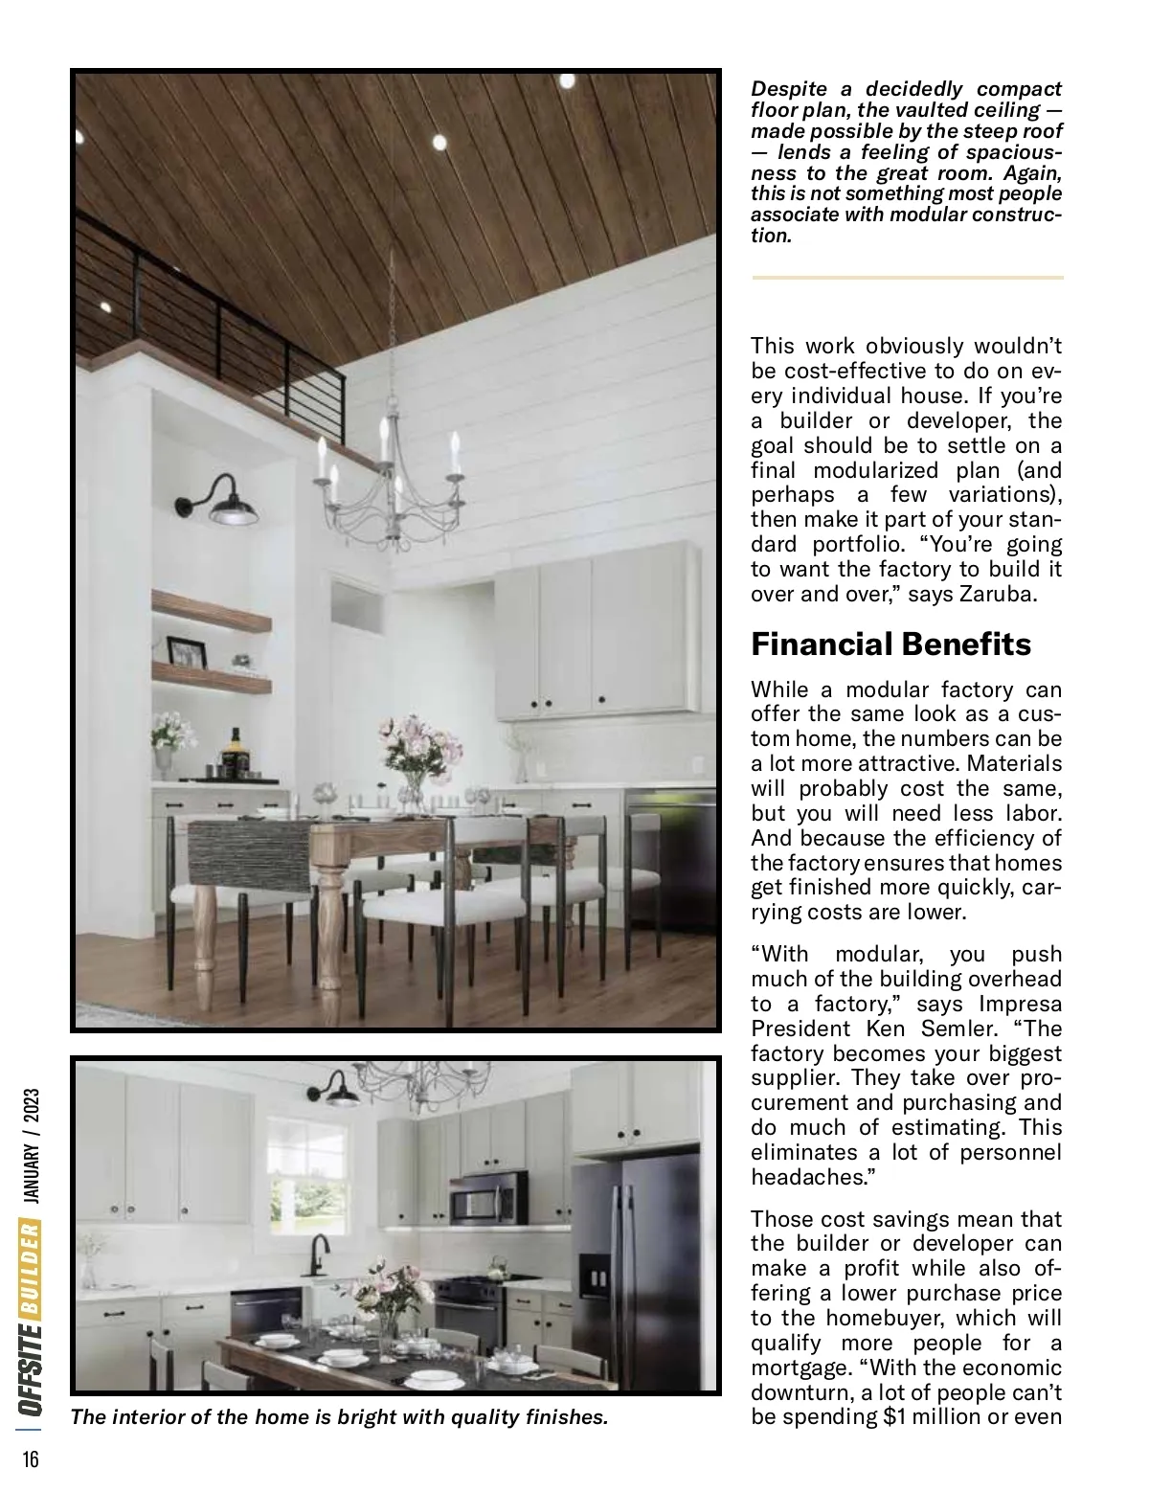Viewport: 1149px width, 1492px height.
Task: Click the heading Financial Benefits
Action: [x=890, y=644]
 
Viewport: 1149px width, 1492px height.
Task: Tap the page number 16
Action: [x=31, y=1459]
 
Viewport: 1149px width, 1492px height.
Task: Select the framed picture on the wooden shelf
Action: [x=187, y=652]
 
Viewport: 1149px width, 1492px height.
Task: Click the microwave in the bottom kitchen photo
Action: [x=488, y=1198]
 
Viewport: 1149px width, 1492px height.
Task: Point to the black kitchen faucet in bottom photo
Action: [x=318, y=1254]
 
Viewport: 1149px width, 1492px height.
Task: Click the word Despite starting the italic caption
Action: [x=788, y=89]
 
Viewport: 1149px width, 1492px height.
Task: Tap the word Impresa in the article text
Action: [x=1020, y=1004]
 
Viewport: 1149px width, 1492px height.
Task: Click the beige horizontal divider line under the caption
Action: [x=907, y=278]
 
